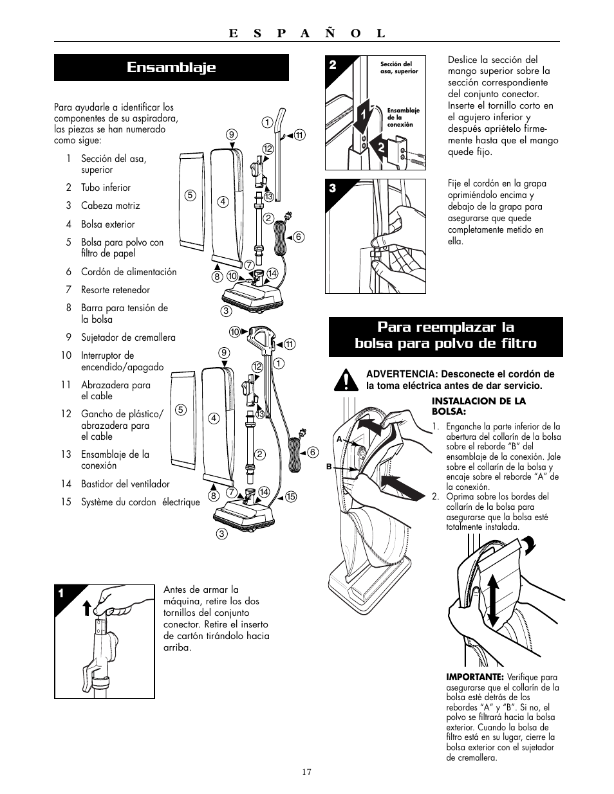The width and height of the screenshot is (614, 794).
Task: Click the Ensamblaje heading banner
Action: [x=171, y=68]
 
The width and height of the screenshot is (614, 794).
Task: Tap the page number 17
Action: [x=307, y=772]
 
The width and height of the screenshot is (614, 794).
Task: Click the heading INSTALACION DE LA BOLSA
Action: [x=478, y=406]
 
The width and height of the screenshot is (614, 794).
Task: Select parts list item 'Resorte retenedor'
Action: [x=115, y=290]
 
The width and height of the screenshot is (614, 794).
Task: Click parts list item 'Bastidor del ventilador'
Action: [x=125, y=484]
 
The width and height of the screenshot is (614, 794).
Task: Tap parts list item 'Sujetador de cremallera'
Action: [x=128, y=338]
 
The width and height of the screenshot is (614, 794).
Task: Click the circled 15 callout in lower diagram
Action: [x=290, y=496]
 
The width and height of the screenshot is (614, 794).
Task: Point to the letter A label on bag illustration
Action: [x=338, y=438]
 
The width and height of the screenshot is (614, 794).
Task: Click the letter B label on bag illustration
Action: [x=329, y=467]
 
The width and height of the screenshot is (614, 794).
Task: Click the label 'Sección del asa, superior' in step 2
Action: [x=399, y=68]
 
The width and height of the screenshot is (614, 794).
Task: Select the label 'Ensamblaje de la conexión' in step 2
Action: [x=403, y=117]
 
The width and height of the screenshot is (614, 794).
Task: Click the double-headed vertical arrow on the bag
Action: [x=493, y=600]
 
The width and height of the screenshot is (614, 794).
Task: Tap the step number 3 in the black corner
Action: [x=333, y=188]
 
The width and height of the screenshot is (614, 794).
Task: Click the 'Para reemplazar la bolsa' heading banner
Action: [x=445, y=335]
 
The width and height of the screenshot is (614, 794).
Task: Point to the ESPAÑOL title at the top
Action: [x=306, y=33]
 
